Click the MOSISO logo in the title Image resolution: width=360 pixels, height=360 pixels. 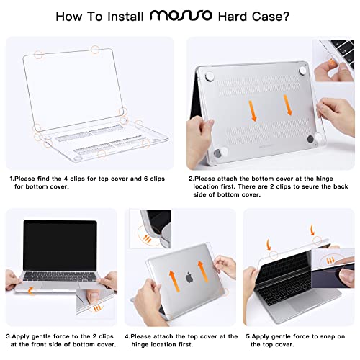pos(181,16)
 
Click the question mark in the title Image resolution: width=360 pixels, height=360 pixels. pos(286,17)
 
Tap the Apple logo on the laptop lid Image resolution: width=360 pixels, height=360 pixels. pos(189,277)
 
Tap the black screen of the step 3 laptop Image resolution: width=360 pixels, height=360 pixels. pos(60,246)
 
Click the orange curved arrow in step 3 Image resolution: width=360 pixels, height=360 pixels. pos(30,291)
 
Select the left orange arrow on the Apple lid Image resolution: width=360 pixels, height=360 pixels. pos(174,281)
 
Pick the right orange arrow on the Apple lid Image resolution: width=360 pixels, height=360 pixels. pos(202,271)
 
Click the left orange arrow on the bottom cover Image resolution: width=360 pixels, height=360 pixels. pos(253,111)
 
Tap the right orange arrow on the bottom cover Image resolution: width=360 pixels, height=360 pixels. pos(288,105)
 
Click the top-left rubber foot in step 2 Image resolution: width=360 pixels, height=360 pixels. pos(210,76)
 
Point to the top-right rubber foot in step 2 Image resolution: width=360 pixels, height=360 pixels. pos(302,70)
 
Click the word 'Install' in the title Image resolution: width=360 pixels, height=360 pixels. pos(125,17)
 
